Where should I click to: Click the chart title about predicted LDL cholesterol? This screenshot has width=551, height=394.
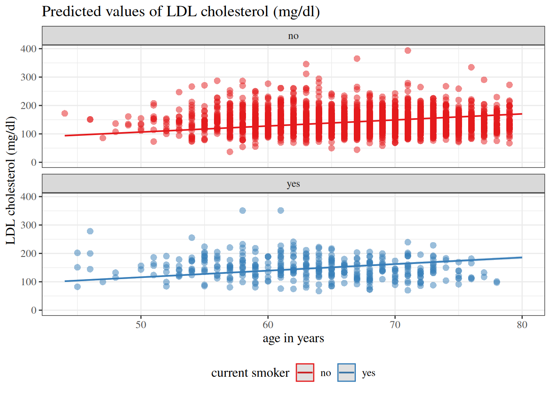(x=181, y=11)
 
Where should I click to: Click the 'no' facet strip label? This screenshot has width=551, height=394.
(x=293, y=36)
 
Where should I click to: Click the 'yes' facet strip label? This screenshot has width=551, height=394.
(x=293, y=184)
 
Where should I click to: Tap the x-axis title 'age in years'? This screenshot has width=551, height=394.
(x=293, y=338)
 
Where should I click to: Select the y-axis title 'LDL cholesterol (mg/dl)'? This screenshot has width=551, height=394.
(x=11, y=181)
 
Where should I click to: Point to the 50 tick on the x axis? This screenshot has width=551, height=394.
(x=141, y=325)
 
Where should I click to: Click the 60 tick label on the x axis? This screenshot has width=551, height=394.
(x=268, y=325)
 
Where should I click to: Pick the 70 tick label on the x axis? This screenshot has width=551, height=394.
(x=395, y=325)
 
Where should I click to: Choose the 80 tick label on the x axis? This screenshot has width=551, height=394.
(x=522, y=325)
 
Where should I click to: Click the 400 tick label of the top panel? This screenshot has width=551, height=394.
(x=29, y=49)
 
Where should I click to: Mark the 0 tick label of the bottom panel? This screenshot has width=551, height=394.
(x=34, y=310)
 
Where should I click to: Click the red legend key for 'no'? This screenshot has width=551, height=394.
(x=305, y=373)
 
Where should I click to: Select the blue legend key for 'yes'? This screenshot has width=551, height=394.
(x=346, y=373)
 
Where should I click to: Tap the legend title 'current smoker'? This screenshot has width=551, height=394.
(x=250, y=373)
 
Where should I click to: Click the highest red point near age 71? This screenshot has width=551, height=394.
(x=408, y=50)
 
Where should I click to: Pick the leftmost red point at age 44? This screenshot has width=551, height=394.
(x=65, y=113)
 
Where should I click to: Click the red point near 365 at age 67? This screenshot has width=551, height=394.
(x=357, y=59)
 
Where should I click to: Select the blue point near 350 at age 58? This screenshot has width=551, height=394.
(x=243, y=211)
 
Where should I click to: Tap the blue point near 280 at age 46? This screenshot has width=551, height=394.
(x=90, y=231)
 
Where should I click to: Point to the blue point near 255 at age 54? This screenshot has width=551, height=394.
(x=192, y=238)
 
